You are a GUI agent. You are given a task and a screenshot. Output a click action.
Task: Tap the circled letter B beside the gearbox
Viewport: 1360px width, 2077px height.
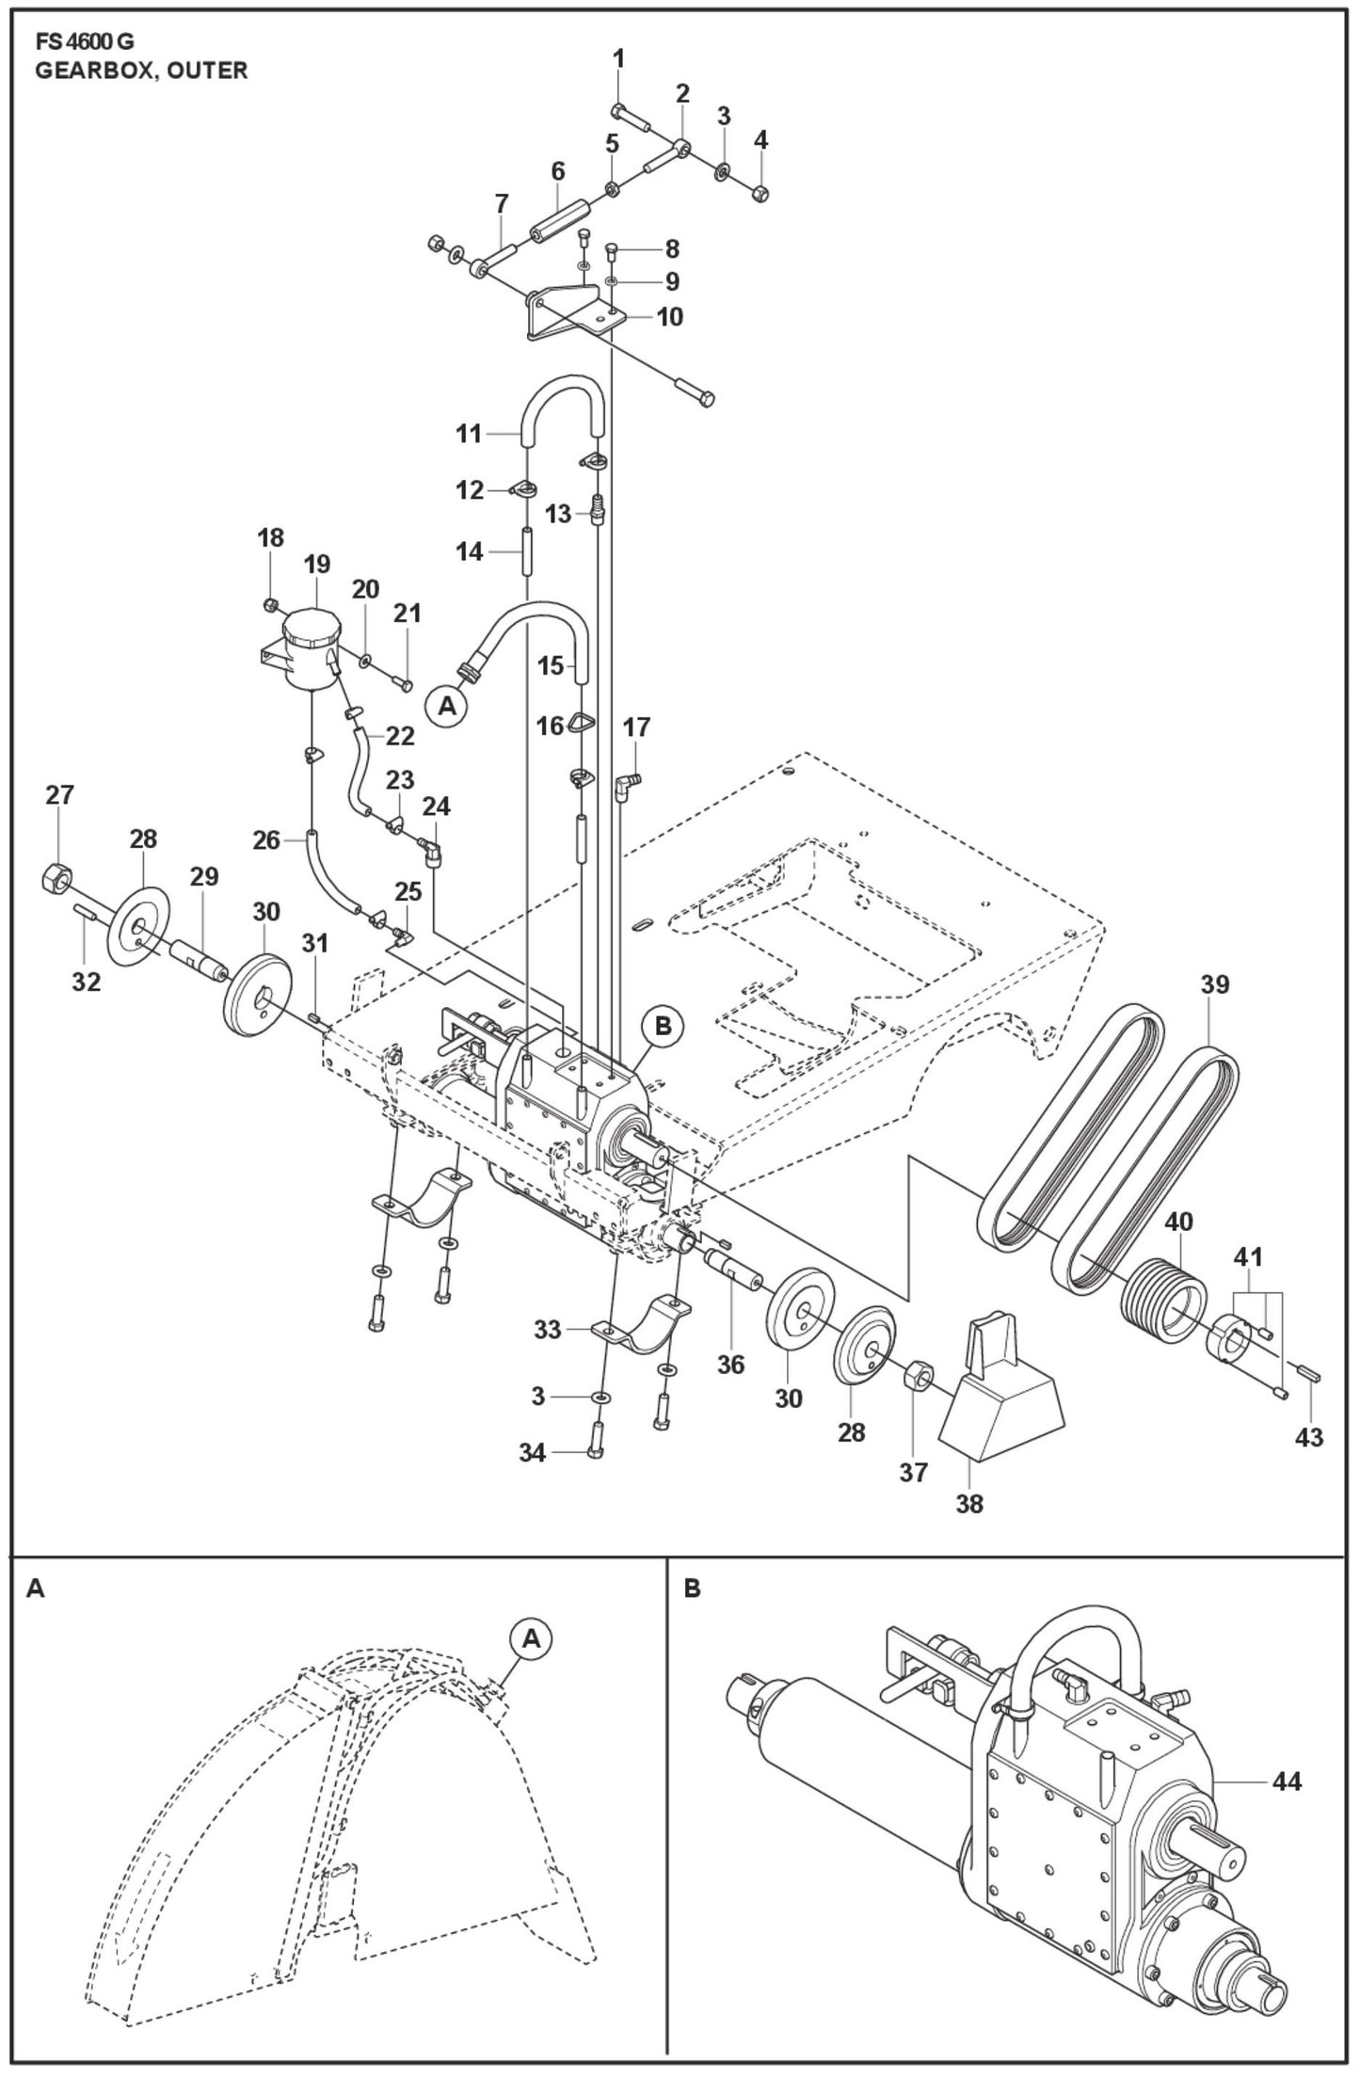pyautogui.click(x=663, y=1027)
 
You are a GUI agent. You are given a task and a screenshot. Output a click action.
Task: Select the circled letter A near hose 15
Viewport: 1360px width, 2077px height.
pyautogui.click(x=447, y=705)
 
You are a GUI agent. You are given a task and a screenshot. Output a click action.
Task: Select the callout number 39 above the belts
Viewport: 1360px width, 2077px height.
pyautogui.click(x=1214, y=984)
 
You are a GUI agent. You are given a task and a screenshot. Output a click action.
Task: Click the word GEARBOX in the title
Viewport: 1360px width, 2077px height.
pyautogui.click(x=88, y=71)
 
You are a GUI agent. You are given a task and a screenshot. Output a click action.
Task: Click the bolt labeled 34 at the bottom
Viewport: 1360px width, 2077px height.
pyautogui.click(x=595, y=1451)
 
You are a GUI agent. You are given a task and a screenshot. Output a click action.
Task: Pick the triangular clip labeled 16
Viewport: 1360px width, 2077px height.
pyautogui.click(x=581, y=724)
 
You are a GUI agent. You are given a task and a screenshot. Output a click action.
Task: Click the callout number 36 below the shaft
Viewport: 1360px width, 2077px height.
pyautogui.click(x=730, y=1364)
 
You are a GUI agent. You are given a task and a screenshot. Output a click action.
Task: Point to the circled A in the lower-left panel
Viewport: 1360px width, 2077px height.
pyautogui.click(x=531, y=1638)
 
